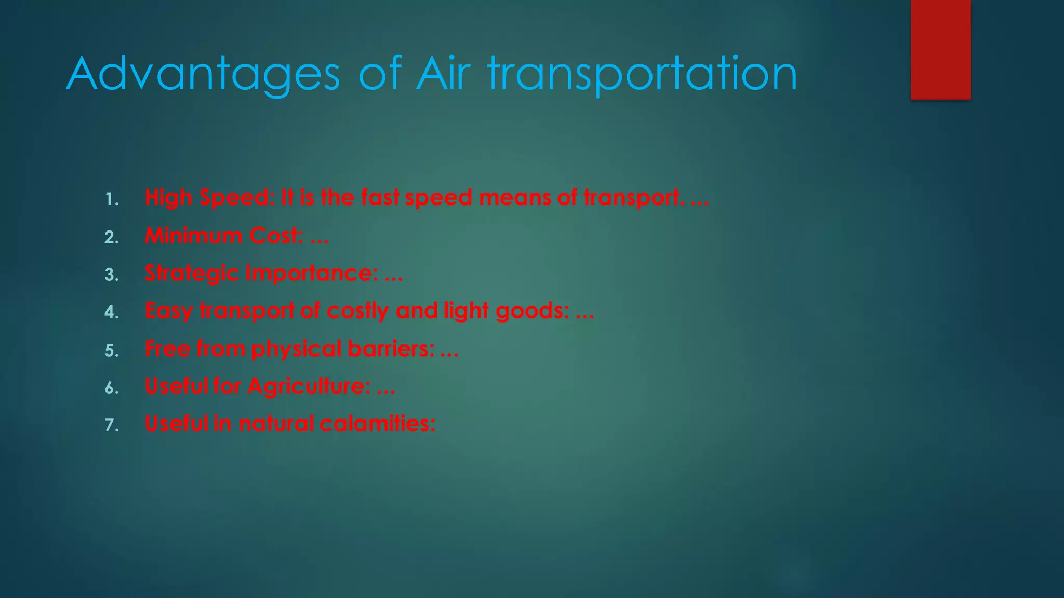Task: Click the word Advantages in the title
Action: [203, 75]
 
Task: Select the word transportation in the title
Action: [642, 75]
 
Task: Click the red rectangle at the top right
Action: [940, 49]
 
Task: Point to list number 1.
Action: [111, 199]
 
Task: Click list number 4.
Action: [111, 312]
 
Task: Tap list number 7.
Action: [111, 425]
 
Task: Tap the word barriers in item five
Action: [391, 348]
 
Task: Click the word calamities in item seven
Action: [377, 424]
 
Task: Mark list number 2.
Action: [111, 237]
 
